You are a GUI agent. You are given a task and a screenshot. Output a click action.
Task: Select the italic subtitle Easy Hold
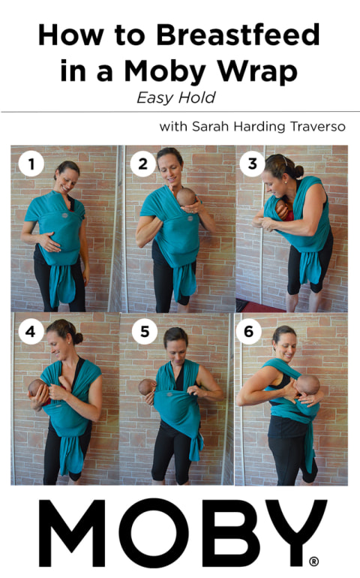point(179,97)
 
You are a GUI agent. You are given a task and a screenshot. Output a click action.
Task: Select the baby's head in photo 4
point(37,389)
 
